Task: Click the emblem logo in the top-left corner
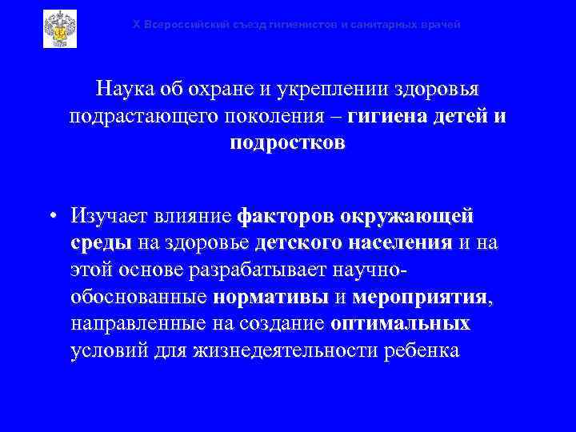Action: pyautogui.click(x=59, y=29)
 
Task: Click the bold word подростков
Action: pyautogui.click(x=288, y=144)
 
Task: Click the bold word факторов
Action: pyautogui.click(x=286, y=216)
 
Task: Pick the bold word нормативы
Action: pyautogui.click(x=272, y=298)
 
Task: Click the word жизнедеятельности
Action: pyautogui.click(x=301, y=352)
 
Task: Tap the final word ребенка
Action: pyautogui.click(x=419, y=352)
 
